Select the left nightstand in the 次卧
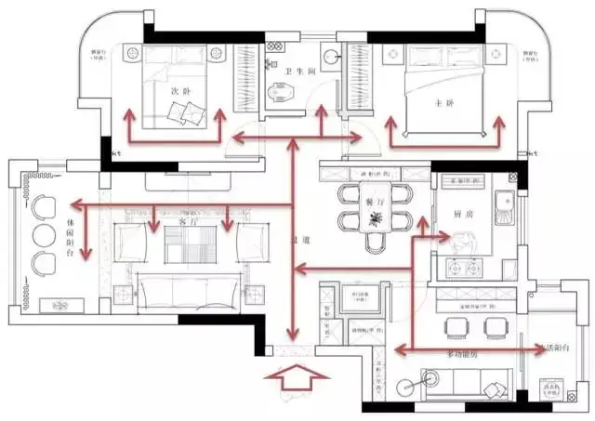pyautogui.click(x=132, y=54)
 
